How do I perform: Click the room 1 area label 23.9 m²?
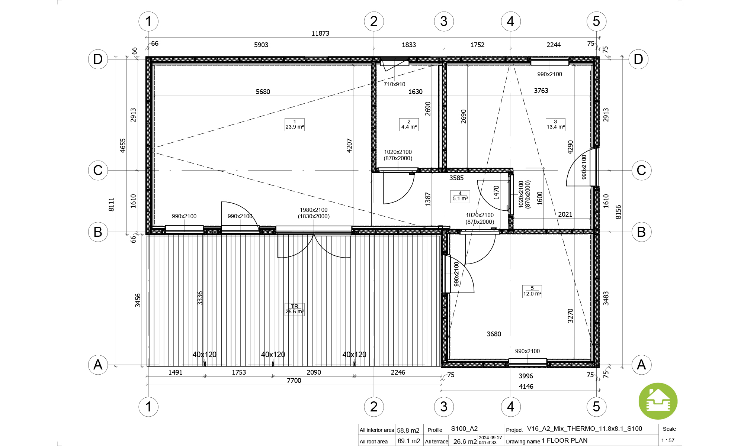[295, 125]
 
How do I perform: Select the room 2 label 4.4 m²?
[409, 125]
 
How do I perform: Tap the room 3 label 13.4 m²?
[555, 125]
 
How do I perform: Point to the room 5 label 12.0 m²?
[532, 291]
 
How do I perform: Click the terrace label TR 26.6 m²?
[295, 309]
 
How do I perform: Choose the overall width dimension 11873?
[320, 33]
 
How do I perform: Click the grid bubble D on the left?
[98, 59]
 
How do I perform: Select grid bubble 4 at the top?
[511, 22]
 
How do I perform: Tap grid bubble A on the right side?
[641, 365]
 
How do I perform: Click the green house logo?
[658, 401]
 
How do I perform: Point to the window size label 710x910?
[394, 84]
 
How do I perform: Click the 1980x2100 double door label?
[314, 210]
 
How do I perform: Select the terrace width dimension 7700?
[294, 381]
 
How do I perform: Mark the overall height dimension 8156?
[618, 212]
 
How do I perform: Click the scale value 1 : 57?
[668, 440]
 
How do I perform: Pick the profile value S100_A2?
[464, 429]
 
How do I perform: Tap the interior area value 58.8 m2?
[408, 430]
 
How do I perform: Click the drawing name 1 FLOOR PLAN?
[565, 441]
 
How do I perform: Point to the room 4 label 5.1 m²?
[460, 196]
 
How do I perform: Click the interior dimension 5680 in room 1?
[263, 92]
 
